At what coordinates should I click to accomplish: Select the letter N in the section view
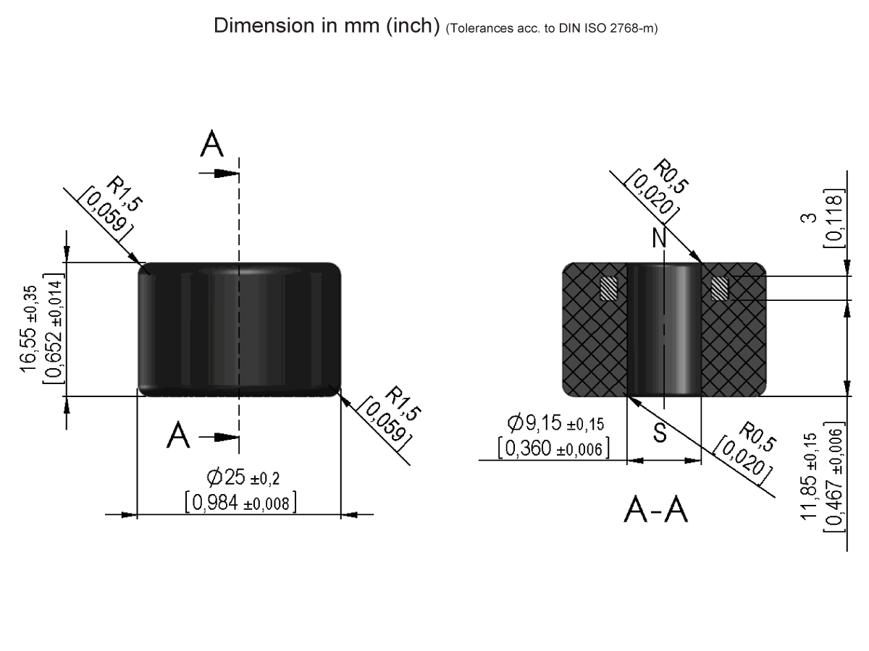[x=659, y=239]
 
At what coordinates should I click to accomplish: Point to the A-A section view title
[x=657, y=511]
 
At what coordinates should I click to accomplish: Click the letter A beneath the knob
[x=179, y=435]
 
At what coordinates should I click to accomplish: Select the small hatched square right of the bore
[x=719, y=289]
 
